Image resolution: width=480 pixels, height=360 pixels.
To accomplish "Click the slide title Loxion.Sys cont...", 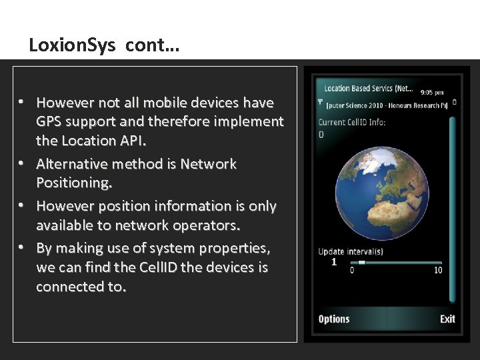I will point(104,46).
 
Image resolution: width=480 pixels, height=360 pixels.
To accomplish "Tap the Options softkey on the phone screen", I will point(334,319).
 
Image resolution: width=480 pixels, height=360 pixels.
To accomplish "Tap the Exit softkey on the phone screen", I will point(447,319).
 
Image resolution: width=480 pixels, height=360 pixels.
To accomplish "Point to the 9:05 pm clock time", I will point(432,92).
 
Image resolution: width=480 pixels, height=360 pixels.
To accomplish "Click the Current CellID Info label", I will point(352,122).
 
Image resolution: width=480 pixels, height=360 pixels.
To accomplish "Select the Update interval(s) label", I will point(351,251).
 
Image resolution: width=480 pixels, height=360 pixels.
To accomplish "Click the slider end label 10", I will point(438,270).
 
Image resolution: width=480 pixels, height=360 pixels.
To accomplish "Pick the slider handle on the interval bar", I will point(361,263).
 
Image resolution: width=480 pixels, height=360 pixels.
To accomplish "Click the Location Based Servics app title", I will point(368,88).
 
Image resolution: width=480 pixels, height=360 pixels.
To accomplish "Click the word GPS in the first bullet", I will point(49,121).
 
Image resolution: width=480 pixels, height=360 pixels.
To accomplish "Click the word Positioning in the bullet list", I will point(73,183).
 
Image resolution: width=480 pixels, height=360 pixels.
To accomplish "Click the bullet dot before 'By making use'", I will point(21,247).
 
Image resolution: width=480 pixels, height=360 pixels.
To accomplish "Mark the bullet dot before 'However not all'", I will point(21,102).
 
